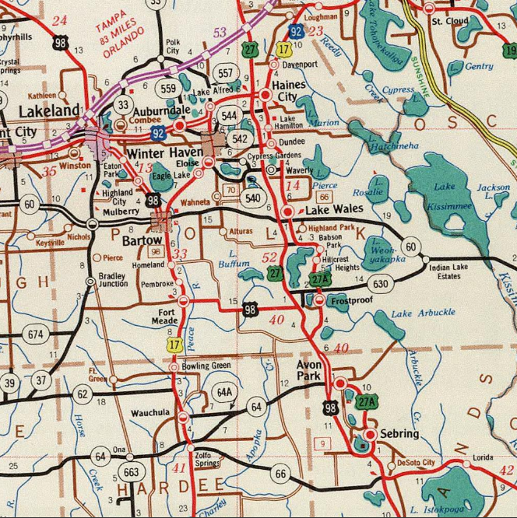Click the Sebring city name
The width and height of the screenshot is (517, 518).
point(399,433)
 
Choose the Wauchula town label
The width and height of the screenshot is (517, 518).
point(150,413)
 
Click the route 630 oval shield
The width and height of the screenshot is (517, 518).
point(380,285)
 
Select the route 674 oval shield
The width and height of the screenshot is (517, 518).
point(35,335)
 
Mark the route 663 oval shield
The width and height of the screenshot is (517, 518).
point(132,472)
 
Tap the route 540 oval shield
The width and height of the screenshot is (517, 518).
point(253,198)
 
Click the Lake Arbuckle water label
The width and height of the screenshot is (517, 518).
point(423,313)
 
